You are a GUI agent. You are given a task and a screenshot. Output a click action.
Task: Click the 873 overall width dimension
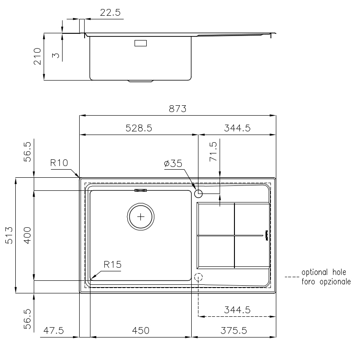click(x=177, y=108)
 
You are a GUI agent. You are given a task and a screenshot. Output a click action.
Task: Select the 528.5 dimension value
click(x=139, y=128)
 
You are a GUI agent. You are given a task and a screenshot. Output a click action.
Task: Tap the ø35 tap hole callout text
click(x=173, y=163)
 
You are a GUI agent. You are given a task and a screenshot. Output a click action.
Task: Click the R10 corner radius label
click(x=59, y=163)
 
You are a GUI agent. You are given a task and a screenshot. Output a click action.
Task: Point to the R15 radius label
click(x=112, y=265)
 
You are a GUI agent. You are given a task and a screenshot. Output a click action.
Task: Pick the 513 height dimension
click(x=9, y=235)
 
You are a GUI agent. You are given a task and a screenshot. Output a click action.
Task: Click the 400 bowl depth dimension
click(x=27, y=235)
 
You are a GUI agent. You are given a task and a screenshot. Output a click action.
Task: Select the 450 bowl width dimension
click(x=140, y=331)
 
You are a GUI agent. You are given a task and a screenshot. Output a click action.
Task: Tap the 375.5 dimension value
click(x=234, y=331)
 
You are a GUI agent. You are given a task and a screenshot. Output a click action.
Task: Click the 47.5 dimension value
click(x=54, y=331)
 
